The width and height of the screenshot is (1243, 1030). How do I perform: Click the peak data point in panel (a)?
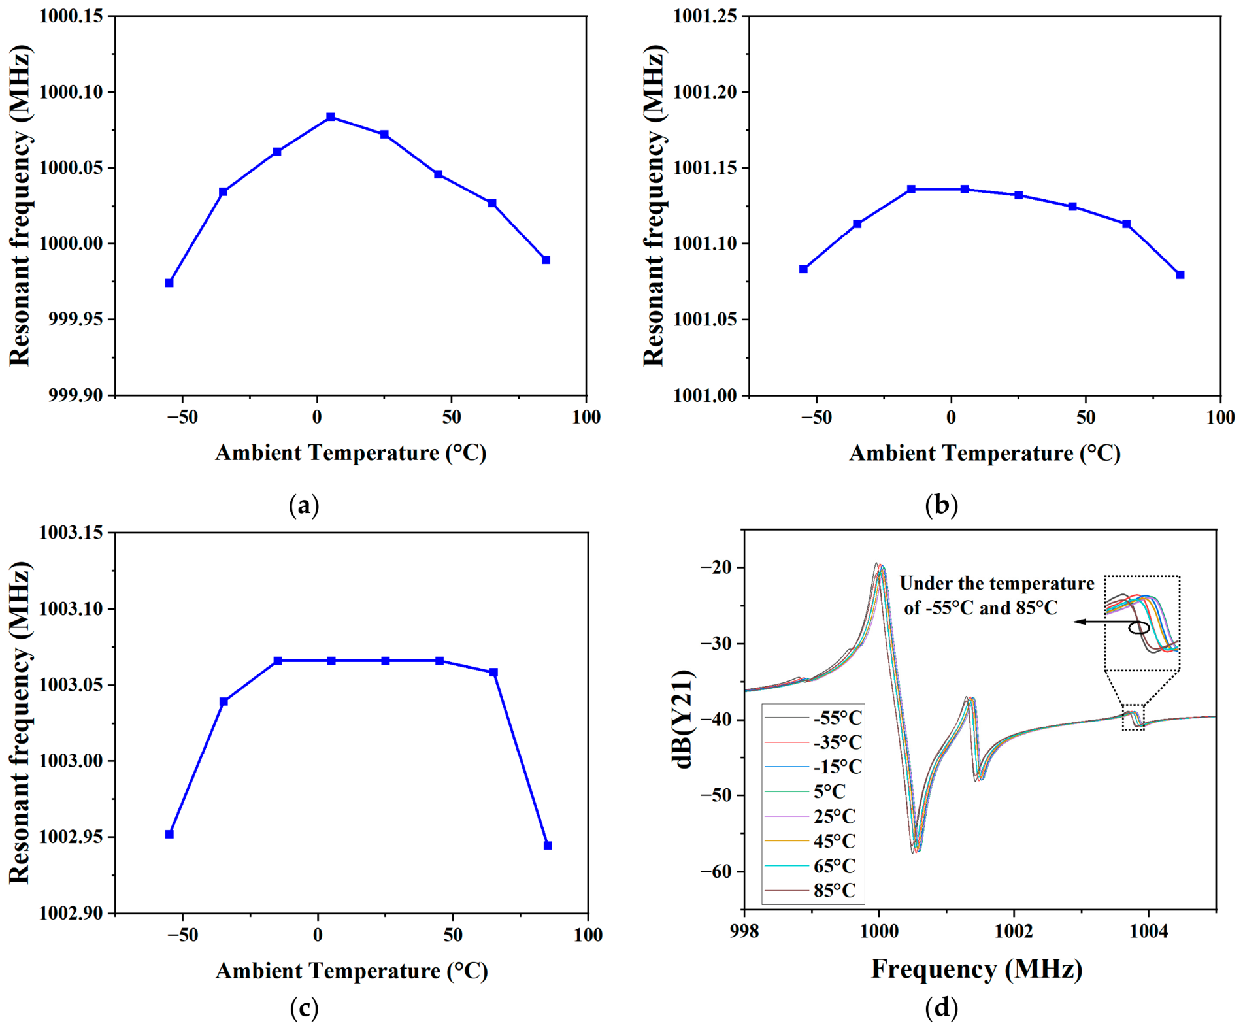(331, 117)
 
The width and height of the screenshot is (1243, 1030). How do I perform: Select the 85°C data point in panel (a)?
(546, 260)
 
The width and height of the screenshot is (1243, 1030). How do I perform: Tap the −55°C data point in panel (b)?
(803, 269)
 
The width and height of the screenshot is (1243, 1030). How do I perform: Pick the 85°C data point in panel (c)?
(548, 846)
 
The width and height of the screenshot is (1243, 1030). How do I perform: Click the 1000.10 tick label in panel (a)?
(71, 92)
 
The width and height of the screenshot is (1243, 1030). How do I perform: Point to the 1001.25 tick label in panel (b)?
(705, 16)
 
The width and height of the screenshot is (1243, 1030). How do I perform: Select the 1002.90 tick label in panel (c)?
(71, 913)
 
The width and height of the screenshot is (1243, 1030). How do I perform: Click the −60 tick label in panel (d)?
(717, 871)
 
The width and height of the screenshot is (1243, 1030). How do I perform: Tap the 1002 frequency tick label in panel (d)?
(1014, 931)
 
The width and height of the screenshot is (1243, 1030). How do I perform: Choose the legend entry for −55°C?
(813, 718)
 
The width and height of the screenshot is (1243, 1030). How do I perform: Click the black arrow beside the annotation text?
(1102, 622)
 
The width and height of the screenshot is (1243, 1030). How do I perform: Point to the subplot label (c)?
(304, 1008)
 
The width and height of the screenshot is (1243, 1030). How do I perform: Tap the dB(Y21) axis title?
(684, 719)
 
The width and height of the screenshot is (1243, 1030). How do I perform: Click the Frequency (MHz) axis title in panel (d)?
(977, 969)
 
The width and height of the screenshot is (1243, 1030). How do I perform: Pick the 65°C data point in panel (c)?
(493, 673)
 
